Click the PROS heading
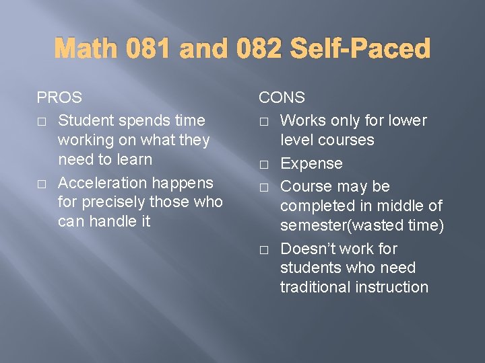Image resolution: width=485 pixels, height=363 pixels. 59,97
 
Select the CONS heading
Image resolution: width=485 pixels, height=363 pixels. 282,97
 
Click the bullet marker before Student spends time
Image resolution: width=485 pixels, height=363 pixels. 42,121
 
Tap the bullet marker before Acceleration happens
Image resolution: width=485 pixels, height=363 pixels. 42,184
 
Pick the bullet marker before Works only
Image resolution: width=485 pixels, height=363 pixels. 264,121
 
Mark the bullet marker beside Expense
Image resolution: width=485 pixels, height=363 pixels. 264,164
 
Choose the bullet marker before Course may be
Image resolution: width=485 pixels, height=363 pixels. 264,187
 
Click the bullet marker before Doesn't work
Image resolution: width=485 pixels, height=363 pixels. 264,249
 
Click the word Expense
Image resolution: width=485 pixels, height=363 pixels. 311,164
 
